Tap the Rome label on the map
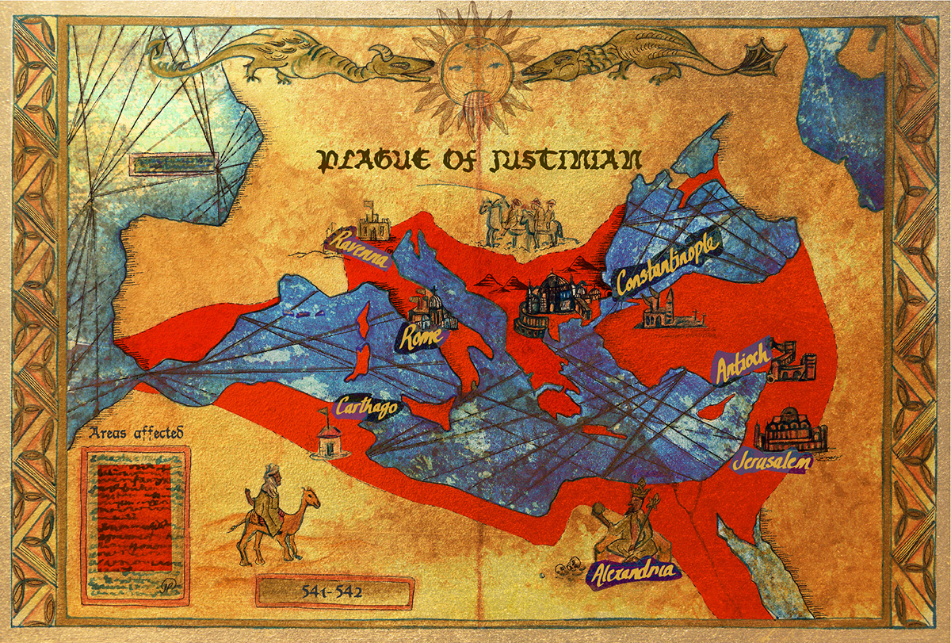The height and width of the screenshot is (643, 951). coord(421,338)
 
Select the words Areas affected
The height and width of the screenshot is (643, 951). coord(136,433)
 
